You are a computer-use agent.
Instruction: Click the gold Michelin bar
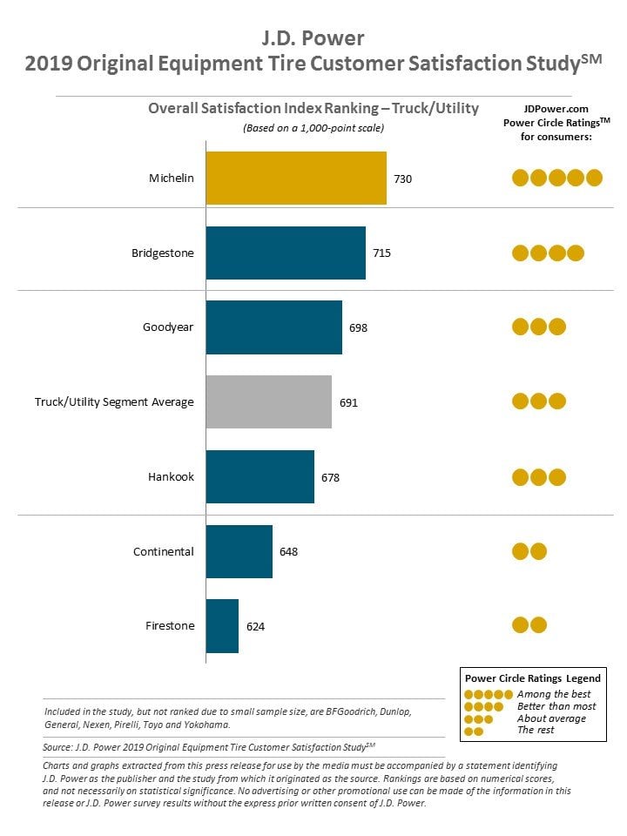pyautogui.click(x=296, y=178)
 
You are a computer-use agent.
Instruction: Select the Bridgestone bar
pyautogui.click(x=286, y=253)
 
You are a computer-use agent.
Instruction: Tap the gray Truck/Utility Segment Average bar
pyautogui.click(x=269, y=402)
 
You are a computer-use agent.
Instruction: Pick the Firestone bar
pyautogui.click(x=222, y=626)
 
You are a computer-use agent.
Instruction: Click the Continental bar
pyautogui.click(x=239, y=551)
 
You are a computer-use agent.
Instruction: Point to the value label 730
pyautogui.click(x=402, y=179)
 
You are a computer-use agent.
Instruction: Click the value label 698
pyautogui.click(x=358, y=328)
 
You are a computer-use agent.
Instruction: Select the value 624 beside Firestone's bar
pyautogui.click(x=255, y=626)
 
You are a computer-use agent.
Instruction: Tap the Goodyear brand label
pyautogui.click(x=168, y=327)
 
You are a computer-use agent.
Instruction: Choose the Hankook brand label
pyautogui.click(x=172, y=476)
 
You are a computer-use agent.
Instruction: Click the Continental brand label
pyautogui.click(x=164, y=551)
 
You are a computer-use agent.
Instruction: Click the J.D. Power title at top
pyautogui.click(x=313, y=37)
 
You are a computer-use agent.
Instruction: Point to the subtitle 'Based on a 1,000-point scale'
pyautogui.click(x=313, y=128)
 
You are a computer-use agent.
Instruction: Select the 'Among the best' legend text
pyautogui.click(x=554, y=694)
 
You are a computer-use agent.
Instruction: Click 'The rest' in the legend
pyautogui.click(x=536, y=730)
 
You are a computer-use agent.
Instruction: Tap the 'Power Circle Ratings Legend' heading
pyautogui.click(x=533, y=678)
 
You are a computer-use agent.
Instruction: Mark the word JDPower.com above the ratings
pyautogui.click(x=556, y=109)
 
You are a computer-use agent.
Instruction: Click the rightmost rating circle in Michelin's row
pyautogui.click(x=594, y=178)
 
